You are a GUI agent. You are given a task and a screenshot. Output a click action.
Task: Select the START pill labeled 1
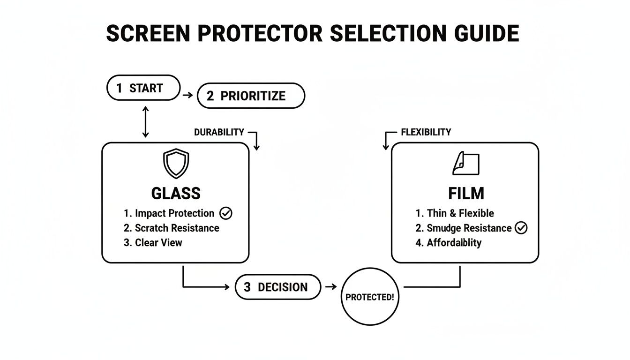(143, 88)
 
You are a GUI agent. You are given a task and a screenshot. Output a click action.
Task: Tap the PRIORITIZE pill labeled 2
(251, 96)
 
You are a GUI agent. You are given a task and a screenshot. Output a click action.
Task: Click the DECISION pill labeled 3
(277, 287)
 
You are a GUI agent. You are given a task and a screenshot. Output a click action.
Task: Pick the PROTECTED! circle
(369, 297)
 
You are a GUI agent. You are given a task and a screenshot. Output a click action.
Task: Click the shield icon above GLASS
(175, 164)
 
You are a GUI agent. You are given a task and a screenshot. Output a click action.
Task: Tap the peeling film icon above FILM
(465, 164)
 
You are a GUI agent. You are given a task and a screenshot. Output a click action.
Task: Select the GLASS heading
(176, 193)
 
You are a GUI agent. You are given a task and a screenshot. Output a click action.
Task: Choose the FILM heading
(465, 193)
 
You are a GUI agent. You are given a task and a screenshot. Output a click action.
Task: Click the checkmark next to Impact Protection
(226, 213)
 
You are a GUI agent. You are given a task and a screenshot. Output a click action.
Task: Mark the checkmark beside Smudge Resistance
(521, 228)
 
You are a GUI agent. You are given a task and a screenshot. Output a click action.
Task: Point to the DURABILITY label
(219, 132)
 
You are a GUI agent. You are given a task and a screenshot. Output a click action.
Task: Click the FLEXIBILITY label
(426, 132)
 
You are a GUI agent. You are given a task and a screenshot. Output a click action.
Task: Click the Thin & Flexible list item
(455, 213)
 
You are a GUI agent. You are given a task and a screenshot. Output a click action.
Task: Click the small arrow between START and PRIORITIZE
(187, 95)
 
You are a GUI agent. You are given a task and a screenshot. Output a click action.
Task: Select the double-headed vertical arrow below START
(145, 121)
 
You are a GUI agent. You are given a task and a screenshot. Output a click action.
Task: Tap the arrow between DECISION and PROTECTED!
(330, 286)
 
